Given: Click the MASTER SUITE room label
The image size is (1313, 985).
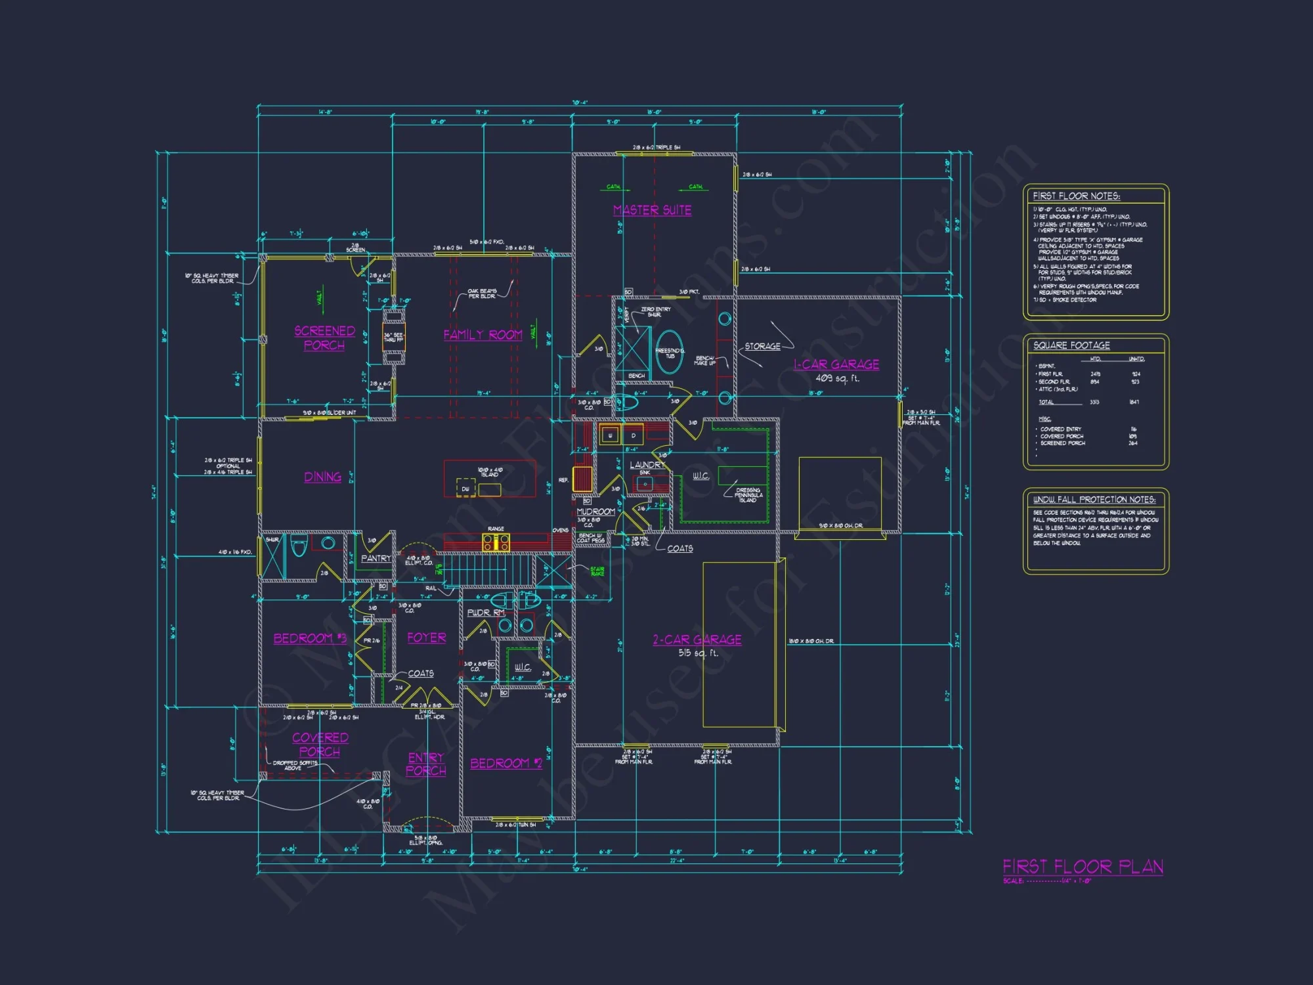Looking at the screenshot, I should tap(652, 210).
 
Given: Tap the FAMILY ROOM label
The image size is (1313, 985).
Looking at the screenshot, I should tap(483, 335).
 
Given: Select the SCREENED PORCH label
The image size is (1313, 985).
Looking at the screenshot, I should tap(324, 338).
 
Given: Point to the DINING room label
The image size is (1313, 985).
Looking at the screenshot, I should tap(322, 477).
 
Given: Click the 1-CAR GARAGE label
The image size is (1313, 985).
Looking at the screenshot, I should tap(836, 364).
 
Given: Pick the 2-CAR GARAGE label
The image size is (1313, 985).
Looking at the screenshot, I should tap(697, 640).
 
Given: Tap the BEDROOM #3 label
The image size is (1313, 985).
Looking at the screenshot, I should tap(310, 638).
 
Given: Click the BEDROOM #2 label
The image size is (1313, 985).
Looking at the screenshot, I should tap(506, 763).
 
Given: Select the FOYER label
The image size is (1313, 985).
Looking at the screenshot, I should tap(426, 638).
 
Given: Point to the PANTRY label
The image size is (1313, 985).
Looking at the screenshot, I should tap(376, 558).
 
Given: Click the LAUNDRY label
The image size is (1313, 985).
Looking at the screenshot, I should tap(647, 465).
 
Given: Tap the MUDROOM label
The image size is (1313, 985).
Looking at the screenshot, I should tap(595, 512).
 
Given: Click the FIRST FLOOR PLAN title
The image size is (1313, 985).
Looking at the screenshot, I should tap(1083, 867).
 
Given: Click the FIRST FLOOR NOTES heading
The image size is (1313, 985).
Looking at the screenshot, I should tap(1076, 196).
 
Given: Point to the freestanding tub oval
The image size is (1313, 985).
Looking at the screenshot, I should tap(669, 353).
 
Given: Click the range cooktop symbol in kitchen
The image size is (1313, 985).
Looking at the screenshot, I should tap(496, 542).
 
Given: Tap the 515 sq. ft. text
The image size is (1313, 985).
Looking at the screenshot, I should tap(698, 653).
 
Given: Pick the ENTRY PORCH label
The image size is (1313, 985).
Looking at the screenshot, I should tap(426, 764).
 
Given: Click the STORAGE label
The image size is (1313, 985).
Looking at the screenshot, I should tap(762, 346).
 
